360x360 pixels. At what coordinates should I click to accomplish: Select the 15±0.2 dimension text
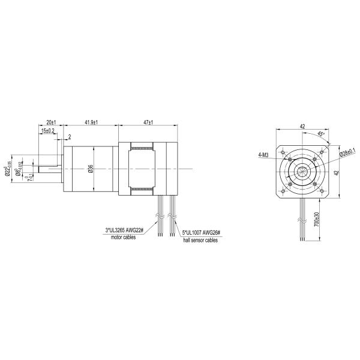[x=48, y=130]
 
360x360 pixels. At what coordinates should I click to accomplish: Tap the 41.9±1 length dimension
[x=91, y=122]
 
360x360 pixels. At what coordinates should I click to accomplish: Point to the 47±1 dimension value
[x=148, y=122]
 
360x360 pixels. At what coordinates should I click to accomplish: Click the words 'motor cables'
[x=124, y=237]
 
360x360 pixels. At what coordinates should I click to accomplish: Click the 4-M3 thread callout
[x=262, y=155]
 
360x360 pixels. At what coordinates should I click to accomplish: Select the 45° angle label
[x=321, y=134]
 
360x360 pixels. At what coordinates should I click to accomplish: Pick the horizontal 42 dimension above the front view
[x=303, y=127]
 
